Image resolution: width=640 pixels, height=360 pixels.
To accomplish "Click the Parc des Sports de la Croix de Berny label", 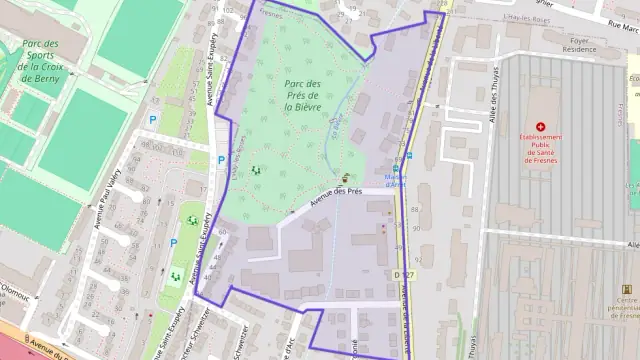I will [x=39, y=61].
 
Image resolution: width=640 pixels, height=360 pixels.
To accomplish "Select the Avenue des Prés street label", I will [x=335, y=191].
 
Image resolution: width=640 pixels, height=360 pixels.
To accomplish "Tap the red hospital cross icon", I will [x=541, y=126].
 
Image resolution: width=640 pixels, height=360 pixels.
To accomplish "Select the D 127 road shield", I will [x=403, y=272].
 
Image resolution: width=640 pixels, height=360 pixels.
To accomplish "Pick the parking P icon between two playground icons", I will [x=174, y=242].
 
